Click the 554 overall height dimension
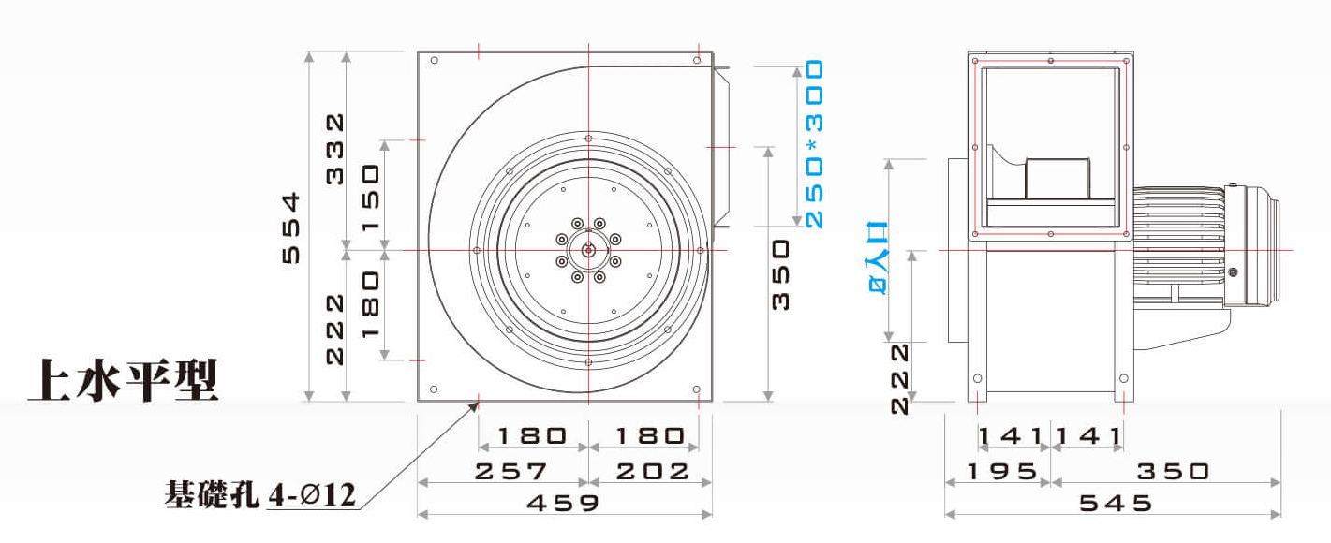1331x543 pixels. coord(291,228)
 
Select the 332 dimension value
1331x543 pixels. coord(335,149)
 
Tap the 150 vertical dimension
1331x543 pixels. coord(370,198)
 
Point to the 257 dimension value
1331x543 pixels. coord(511,472)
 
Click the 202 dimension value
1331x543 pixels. coord(652,472)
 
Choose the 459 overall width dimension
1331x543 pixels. coord(563,503)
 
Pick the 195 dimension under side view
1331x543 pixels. coord(1002,472)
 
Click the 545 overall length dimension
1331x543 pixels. coord(1116,503)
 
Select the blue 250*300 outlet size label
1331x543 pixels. coord(815,144)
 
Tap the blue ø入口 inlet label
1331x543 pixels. coord(879,257)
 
